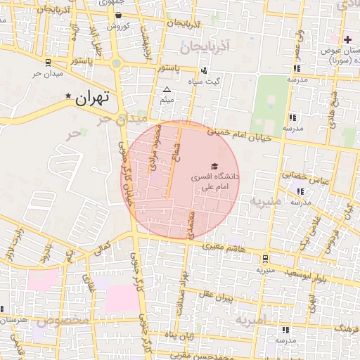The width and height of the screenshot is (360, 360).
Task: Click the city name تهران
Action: [93, 99]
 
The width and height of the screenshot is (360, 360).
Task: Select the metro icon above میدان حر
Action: [47, 63]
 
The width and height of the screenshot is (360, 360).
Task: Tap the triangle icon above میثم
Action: [167, 90]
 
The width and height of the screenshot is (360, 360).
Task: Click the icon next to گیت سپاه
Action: [204, 70]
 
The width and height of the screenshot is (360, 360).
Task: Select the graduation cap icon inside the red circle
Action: [214, 165]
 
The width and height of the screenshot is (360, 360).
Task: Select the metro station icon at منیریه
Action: [264, 258]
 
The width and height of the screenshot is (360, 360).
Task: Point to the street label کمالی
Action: [103, 248]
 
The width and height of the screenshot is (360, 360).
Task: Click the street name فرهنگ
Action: [347, 328]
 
